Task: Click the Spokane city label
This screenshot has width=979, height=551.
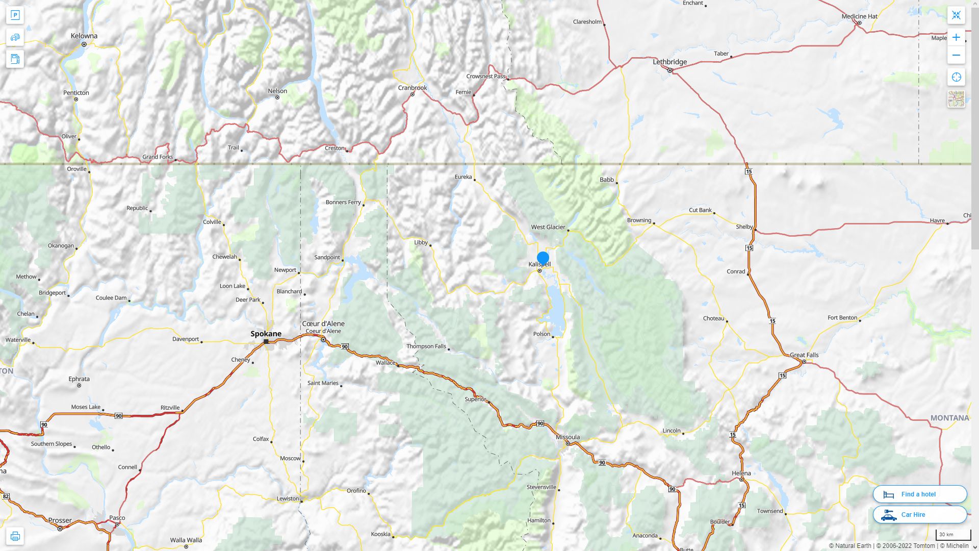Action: tap(266, 334)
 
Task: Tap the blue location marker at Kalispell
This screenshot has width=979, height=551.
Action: tap(543, 258)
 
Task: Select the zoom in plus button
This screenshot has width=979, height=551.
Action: tap(956, 37)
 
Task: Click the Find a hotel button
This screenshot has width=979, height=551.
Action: tap(919, 494)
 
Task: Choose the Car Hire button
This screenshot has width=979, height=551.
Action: tap(919, 514)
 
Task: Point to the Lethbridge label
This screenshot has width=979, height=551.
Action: tap(669, 62)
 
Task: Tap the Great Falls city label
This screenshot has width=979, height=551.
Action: tap(804, 355)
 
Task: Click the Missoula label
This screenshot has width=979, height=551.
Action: tap(568, 437)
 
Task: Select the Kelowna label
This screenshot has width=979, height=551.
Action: tap(84, 36)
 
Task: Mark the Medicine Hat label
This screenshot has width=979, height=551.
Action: tap(859, 16)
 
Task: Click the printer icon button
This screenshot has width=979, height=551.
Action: tap(15, 536)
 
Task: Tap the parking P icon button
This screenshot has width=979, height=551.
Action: tap(15, 15)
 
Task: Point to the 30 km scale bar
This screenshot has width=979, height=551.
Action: tap(952, 535)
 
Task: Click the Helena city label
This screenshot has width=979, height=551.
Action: tap(741, 473)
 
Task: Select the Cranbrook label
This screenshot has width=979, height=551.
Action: tap(413, 88)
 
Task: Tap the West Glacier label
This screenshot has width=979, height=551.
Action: tap(548, 227)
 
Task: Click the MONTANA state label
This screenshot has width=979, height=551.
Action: tap(949, 418)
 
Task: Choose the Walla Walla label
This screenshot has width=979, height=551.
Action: tap(186, 540)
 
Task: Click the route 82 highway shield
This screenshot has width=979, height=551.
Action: tap(6, 496)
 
